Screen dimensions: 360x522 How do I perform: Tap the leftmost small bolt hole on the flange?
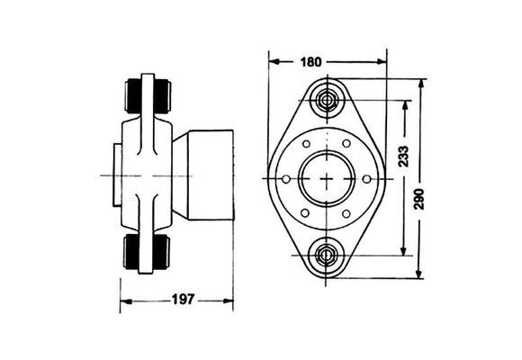coord(286,181)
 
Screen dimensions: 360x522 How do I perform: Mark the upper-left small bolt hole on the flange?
coord(306,146)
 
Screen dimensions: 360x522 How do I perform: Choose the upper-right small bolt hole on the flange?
coord(346,146)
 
